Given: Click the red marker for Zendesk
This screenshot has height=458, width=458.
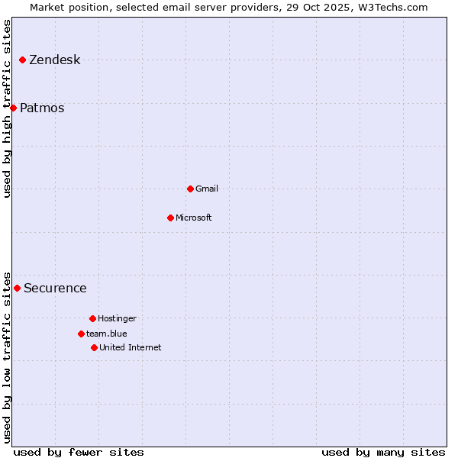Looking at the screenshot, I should point(22,60).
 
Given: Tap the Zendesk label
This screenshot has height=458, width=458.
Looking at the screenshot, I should point(54,60).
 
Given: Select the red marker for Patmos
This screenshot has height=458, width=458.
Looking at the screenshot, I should point(13,108).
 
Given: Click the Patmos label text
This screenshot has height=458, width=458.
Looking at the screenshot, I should point(42,108).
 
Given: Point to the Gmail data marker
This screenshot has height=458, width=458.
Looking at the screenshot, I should point(190,189).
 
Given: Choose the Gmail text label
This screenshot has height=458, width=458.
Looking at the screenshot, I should point(207,189).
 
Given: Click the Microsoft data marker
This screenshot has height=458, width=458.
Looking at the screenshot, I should point(170,218).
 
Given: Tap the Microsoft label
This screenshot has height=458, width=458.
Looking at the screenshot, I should point(194,218).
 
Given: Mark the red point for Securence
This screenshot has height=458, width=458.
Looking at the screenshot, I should point(17,288).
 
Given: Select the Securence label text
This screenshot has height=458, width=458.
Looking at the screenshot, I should point(55,289).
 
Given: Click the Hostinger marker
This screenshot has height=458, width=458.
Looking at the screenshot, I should point(92,318).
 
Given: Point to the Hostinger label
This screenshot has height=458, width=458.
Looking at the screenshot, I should point(117,318).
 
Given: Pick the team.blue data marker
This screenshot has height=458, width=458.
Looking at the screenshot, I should point(81,334).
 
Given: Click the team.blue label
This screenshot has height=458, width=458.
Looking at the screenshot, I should point(107,334).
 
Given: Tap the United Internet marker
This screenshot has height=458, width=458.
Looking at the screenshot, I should point(94,347).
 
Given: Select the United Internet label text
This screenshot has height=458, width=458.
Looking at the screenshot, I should point(131,347).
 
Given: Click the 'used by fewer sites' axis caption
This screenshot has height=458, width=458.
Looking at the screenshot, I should point(79,452).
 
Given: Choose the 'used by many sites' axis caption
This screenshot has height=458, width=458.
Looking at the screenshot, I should point(383,452).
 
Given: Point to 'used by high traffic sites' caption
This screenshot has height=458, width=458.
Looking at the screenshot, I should point(7,109).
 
